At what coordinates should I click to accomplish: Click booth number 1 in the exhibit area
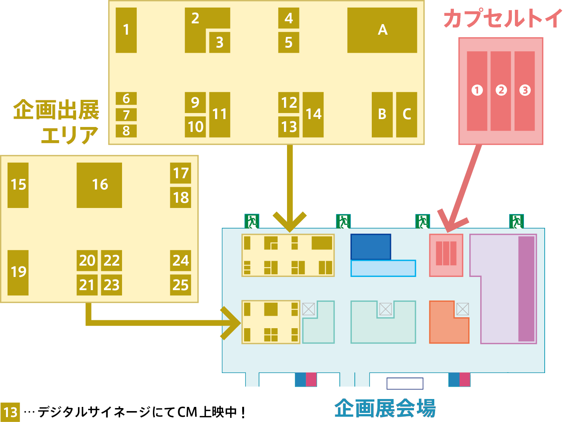(x=126, y=30)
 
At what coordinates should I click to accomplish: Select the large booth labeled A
(x=382, y=30)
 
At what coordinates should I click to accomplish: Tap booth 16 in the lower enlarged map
(x=99, y=185)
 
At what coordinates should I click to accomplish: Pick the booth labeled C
(x=406, y=115)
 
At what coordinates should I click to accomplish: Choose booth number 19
(x=18, y=272)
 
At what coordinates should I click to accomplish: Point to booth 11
(x=220, y=115)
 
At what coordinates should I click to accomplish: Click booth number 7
(x=126, y=115)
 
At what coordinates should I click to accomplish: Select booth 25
(x=180, y=285)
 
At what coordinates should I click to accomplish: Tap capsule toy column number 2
(x=501, y=91)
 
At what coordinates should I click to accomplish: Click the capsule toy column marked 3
(x=525, y=91)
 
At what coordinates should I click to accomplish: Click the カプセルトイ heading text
(x=502, y=19)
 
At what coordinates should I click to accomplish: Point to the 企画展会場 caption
(x=385, y=408)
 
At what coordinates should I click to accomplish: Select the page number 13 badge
(x=10, y=412)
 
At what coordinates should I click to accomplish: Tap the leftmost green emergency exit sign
(x=252, y=221)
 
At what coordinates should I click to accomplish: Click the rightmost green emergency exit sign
(x=516, y=221)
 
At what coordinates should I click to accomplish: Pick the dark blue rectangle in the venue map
(x=371, y=247)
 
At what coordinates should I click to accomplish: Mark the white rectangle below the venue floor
(x=405, y=384)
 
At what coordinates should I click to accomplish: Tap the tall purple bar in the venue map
(x=526, y=289)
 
